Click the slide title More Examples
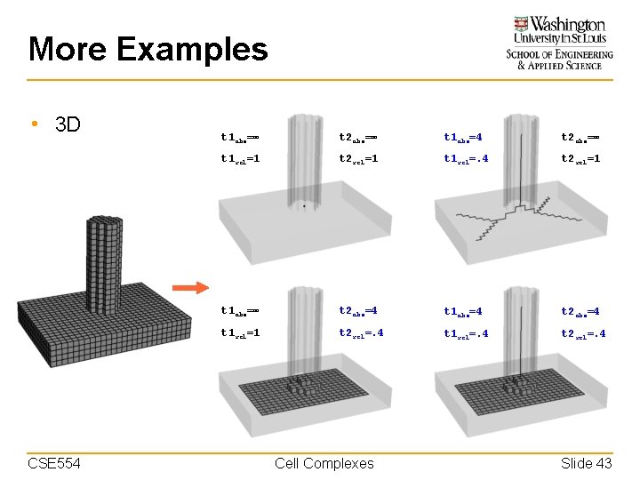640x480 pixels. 148,49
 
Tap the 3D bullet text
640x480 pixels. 68,124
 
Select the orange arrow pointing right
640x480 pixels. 189,287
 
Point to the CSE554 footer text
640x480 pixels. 54,463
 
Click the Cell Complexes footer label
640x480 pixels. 324,463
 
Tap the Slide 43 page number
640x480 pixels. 586,463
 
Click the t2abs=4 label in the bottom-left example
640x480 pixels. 358,311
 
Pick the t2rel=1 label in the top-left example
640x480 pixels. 358,159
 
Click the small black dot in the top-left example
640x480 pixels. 303,205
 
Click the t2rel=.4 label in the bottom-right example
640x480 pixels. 584,333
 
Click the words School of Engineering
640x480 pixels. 560,54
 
